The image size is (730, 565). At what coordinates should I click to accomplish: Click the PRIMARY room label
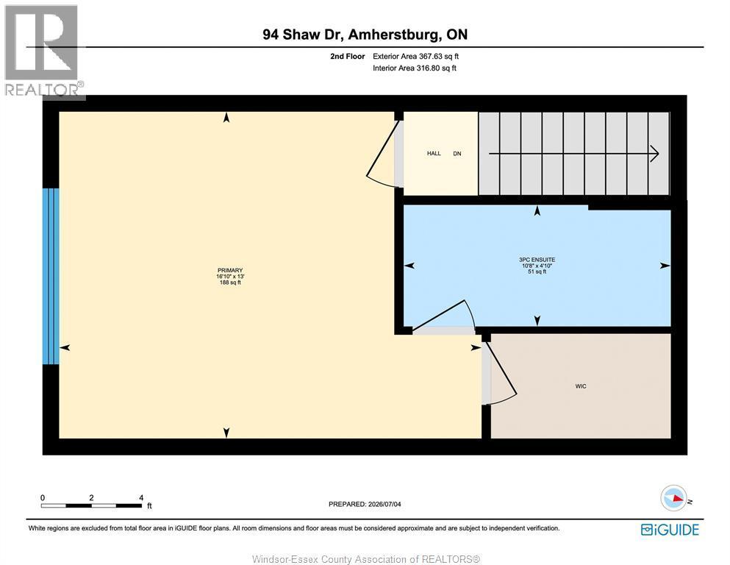click(x=230, y=270)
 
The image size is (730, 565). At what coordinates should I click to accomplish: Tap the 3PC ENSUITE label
click(x=537, y=260)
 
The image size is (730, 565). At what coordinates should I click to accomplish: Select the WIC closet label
click(x=581, y=386)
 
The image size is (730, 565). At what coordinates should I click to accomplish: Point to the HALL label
click(x=434, y=153)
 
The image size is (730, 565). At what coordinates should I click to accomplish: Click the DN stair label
click(x=457, y=153)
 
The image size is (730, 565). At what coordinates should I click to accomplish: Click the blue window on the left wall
click(x=51, y=276)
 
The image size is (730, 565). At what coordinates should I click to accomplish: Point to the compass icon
click(x=674, y=498)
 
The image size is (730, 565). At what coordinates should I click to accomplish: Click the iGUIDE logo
click(x=670, y=530)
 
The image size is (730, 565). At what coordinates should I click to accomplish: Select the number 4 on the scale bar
click(x=141, y=497)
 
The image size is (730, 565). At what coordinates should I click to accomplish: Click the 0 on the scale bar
click(x=43, y=497)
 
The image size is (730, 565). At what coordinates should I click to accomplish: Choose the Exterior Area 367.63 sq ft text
click(x=416, y=57)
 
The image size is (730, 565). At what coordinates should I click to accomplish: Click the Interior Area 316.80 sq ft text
click(x=415, y=68)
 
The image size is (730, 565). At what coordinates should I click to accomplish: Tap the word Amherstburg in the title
click(x=393, y=35)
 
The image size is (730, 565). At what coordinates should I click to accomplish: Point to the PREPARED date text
click(x=365, y=504)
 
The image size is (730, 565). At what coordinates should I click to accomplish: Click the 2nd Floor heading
click(x=347, y=57)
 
